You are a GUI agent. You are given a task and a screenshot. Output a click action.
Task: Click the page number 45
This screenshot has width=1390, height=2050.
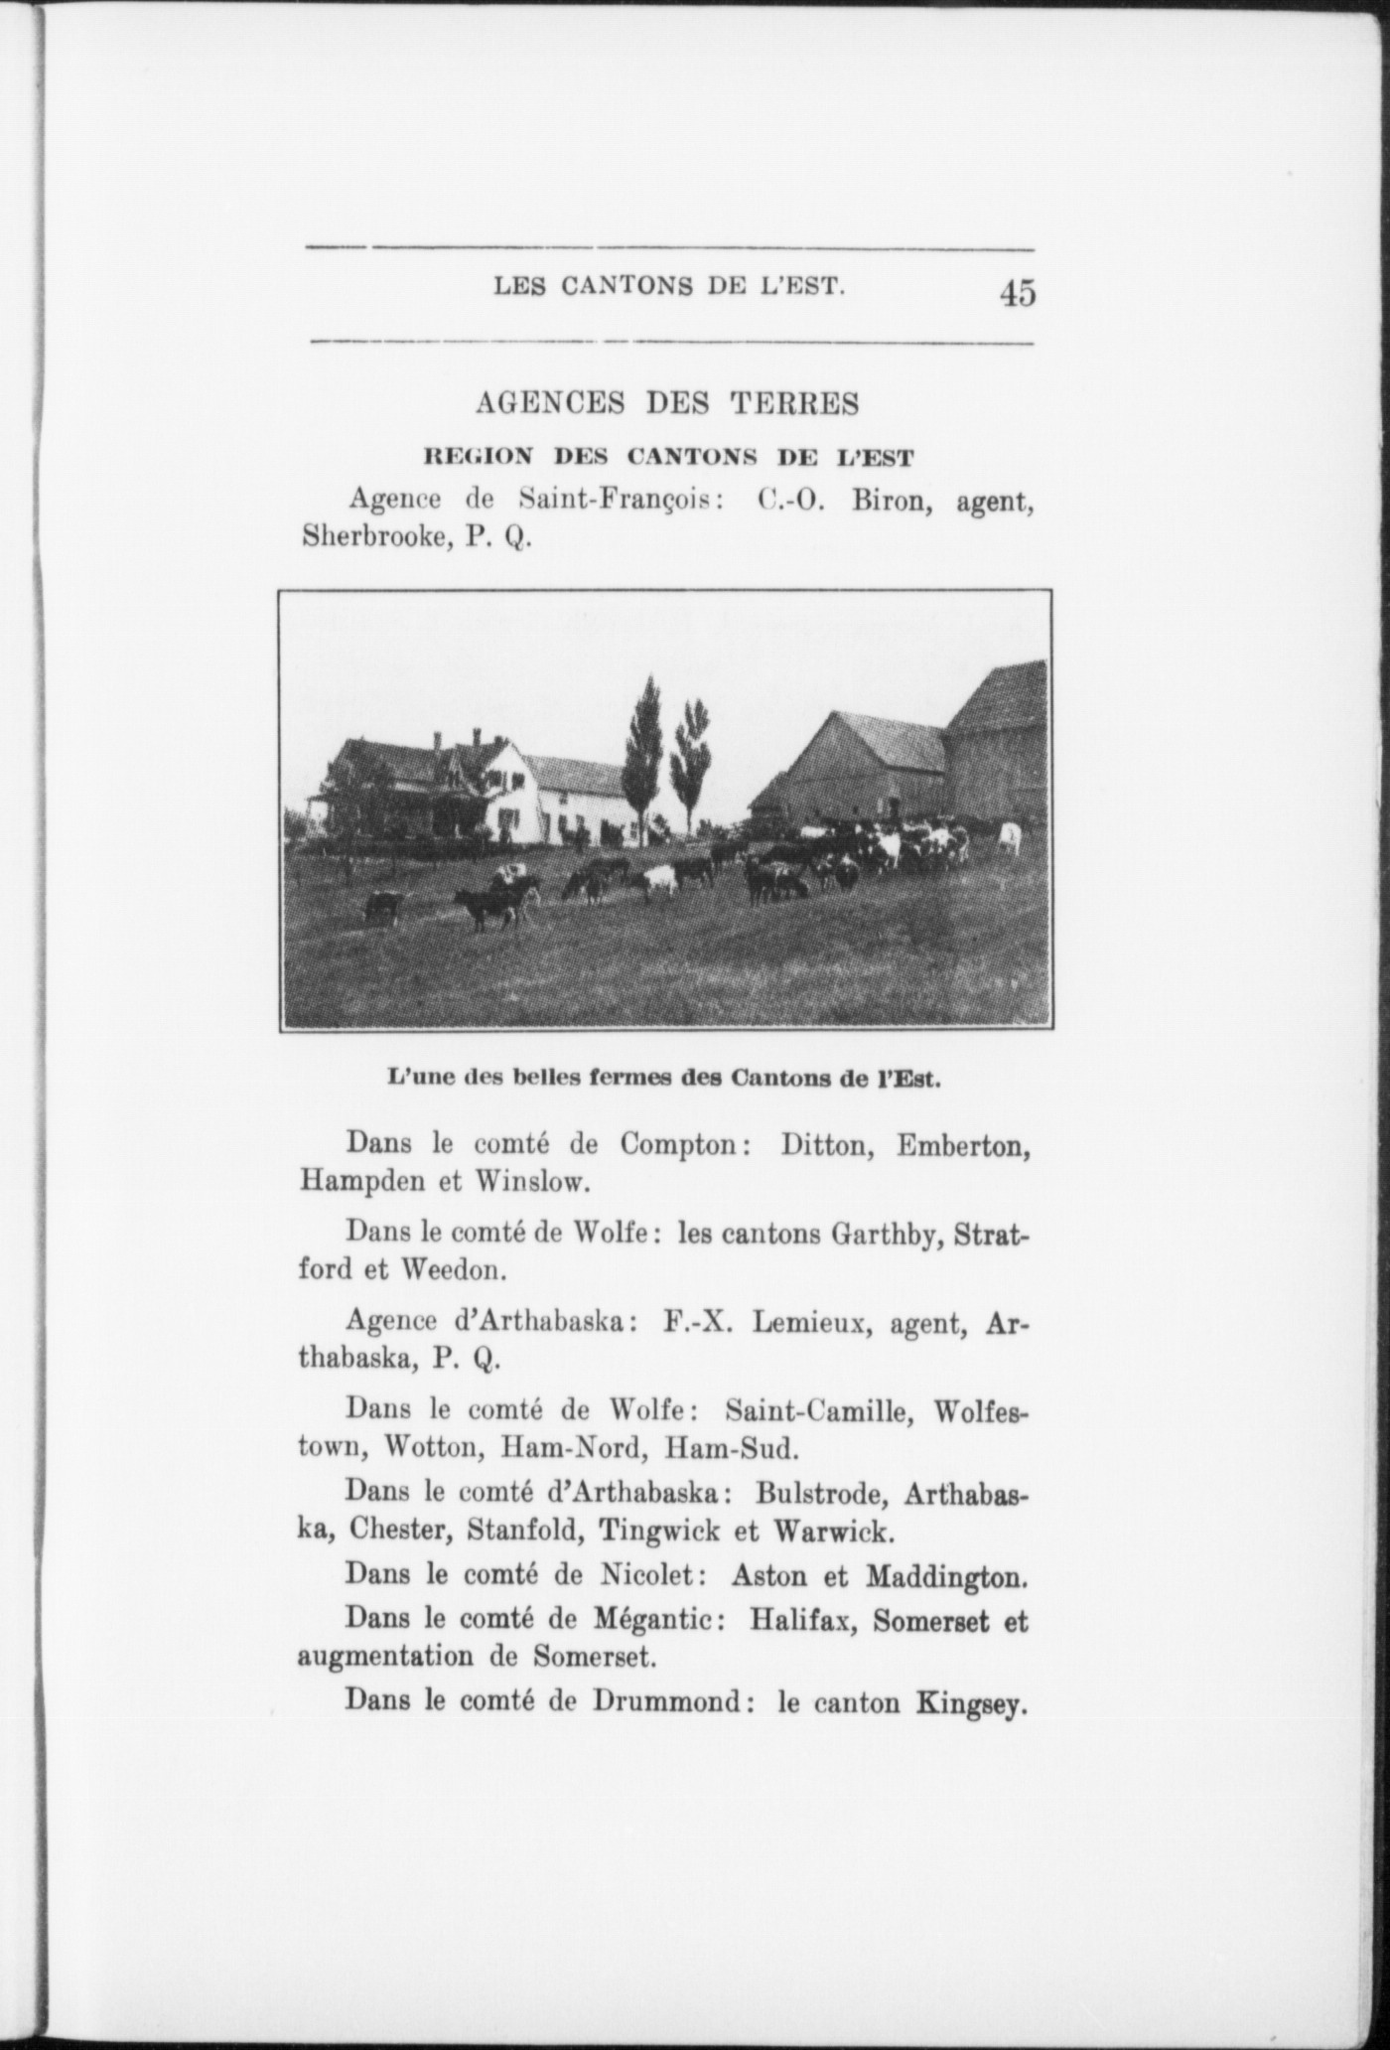pyautogui.click(x=1018, y=293)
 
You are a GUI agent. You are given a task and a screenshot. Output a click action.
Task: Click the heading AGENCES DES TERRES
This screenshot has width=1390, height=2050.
pyautogui.click(x=667, y=403)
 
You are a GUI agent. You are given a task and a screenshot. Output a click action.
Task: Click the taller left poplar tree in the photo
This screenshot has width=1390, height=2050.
pyautogui.click(x=644, y=755)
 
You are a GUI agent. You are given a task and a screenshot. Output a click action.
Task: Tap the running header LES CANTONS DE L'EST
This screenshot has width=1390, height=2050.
pyautogui.click(x=670, y=288)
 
